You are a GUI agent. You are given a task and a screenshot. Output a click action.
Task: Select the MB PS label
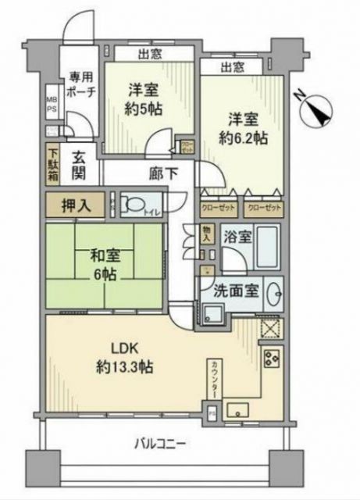coord(51,103)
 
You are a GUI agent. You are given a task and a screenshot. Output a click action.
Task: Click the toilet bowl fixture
coord(138,206)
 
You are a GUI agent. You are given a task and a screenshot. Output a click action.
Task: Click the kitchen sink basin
coord(238,409)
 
